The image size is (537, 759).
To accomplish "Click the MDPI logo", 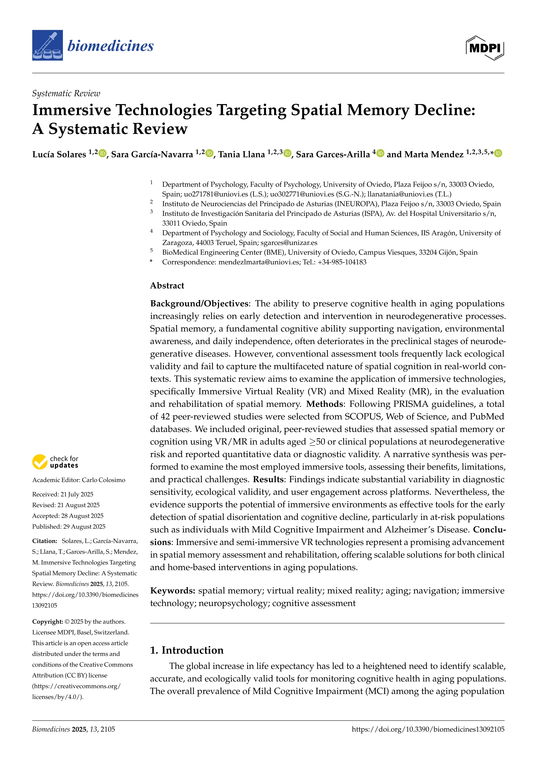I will pos(485,48).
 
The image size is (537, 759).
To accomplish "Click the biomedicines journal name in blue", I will pos(110,46).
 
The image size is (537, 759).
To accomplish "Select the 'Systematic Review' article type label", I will pos(66,93).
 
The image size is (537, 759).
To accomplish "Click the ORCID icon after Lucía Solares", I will pos(102,153).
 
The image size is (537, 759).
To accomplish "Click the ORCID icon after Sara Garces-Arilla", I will pos(380,153).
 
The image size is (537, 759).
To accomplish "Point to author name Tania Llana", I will pos(241,154).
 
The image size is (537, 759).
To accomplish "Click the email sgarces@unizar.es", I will pos(289,243).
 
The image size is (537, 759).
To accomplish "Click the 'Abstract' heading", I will pos(167,286).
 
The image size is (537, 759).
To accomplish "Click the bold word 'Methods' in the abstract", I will pos(324,404).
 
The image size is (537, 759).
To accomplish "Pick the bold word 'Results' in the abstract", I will pos(268,479).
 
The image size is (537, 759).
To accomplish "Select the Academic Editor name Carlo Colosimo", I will pos(104,480).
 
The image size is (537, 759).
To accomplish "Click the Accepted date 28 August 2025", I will pos(82,516).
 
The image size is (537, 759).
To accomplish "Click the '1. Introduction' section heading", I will pos(187,650).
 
